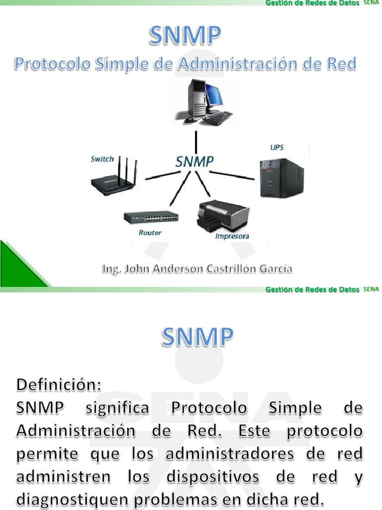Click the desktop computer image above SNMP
point(204,102)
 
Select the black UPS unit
point(282,178)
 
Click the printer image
point(223,215)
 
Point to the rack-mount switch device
point(151,218)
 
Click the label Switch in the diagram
point(102,159)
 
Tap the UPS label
point(277,147)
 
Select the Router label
point(150,233)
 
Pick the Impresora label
point(232,236)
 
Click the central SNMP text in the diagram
point(194,161)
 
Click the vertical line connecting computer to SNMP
point(196,142)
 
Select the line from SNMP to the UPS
point(232,175)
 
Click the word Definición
point(59,385)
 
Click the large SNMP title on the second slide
point(197,338)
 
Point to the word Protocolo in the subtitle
point(45,64)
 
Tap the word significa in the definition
point(117,408)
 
